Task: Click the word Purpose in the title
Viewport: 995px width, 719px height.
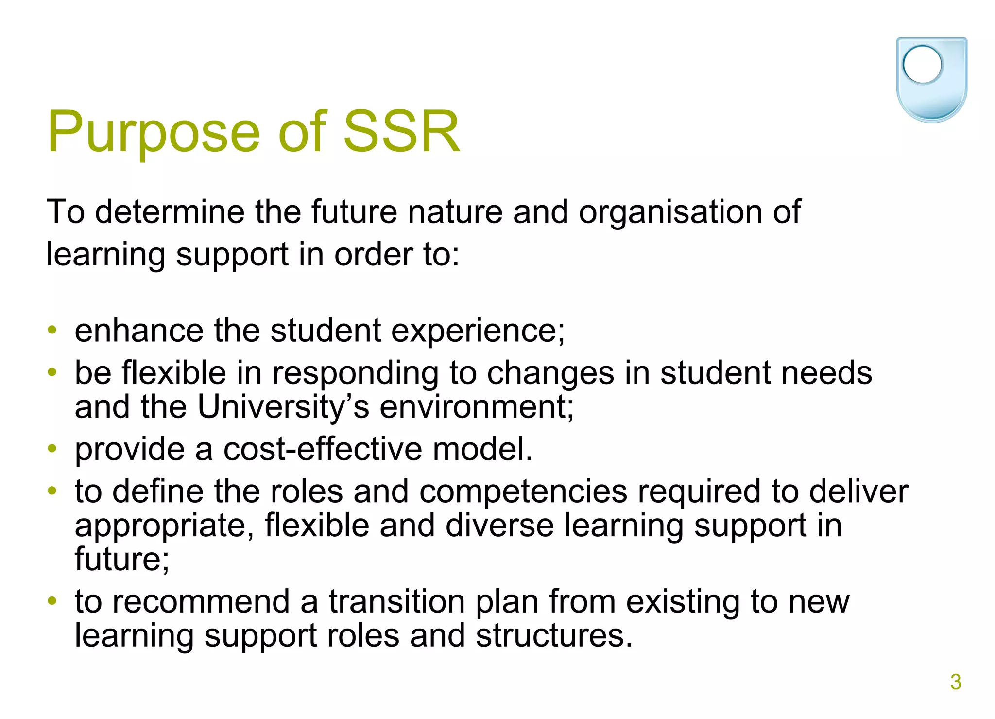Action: tap(154, 132)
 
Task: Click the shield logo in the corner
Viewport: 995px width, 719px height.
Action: tap(931, 79)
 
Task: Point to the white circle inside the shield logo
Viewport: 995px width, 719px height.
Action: tap(922, 65)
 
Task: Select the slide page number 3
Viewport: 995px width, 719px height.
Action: tap(956, 682)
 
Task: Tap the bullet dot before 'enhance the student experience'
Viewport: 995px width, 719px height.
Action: tap(52, 331)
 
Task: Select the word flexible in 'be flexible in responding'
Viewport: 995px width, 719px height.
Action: tap(174, 373)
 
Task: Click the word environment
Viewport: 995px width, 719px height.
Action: tap(476, 407)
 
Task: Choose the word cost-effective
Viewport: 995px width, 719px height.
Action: tap(323, 449)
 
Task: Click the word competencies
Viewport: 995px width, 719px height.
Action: tap(523, 492)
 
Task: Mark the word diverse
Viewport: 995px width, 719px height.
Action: tap(499, 526)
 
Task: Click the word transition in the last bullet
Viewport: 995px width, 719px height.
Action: tap(397, 602)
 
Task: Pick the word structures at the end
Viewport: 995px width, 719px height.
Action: tap(554, 635)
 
